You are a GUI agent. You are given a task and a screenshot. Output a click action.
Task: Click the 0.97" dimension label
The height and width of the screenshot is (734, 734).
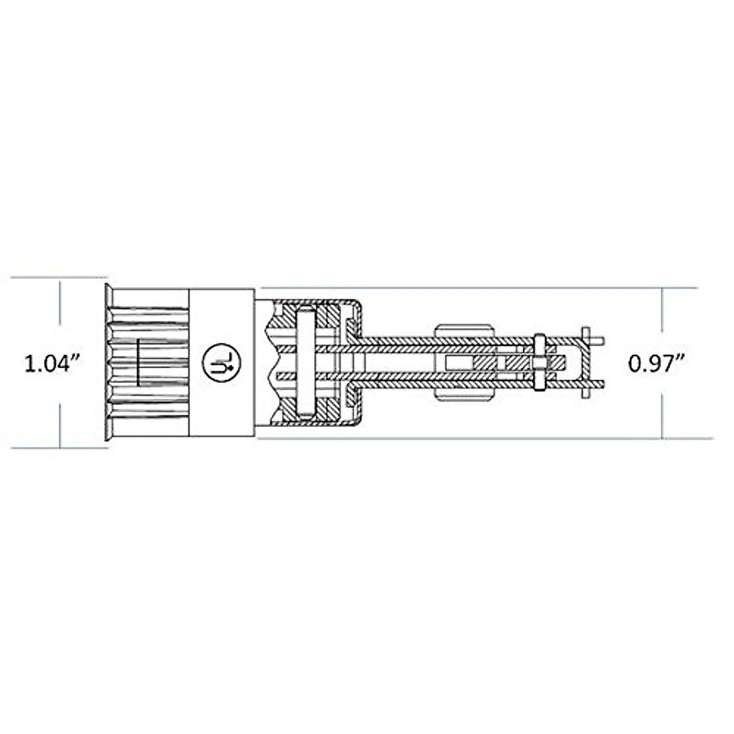point(656,364)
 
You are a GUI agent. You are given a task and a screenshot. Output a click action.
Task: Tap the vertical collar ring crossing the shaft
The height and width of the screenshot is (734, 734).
point(539,362)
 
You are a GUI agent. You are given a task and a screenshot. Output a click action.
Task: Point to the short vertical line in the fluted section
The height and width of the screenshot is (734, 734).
point(138,362)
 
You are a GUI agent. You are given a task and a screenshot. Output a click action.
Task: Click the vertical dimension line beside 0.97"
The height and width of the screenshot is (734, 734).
point(662,318)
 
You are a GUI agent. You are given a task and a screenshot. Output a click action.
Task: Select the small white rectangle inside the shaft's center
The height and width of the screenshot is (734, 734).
point(459,363)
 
